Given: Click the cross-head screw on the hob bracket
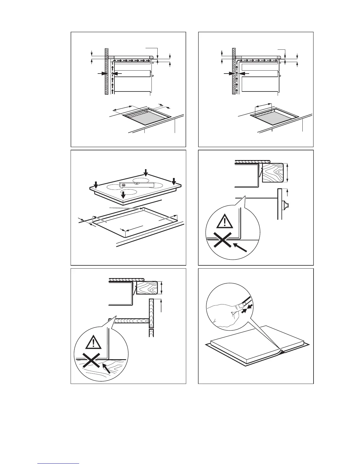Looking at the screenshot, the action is pyautogui.click(x=124, y=185).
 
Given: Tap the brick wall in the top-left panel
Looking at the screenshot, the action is pyautogui.click(x=106, y=71).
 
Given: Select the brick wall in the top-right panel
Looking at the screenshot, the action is pyautogui.click(x=234, y=71).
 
